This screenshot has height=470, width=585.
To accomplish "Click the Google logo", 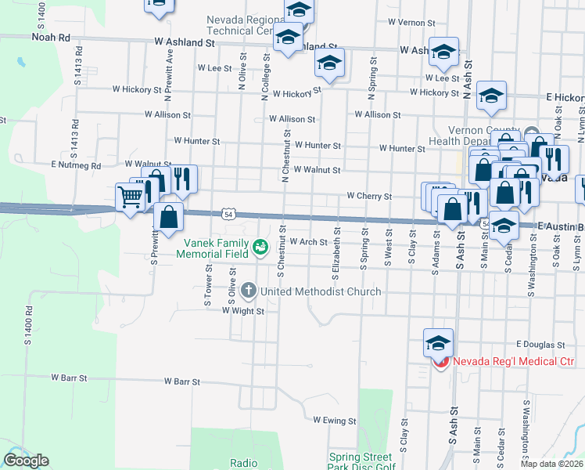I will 26,461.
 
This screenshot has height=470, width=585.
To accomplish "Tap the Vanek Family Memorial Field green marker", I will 260,248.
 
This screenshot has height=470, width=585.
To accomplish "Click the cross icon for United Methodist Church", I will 249,291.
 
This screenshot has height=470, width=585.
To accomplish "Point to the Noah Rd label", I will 50,37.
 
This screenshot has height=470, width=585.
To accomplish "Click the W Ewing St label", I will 334,421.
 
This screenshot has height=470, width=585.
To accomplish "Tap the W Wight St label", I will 243,311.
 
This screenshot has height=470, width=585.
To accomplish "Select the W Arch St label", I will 308,242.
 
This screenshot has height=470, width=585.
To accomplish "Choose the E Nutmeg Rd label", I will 76,166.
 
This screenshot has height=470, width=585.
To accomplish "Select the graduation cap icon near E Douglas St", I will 438,342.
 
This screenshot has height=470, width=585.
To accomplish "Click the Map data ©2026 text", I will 551,464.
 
